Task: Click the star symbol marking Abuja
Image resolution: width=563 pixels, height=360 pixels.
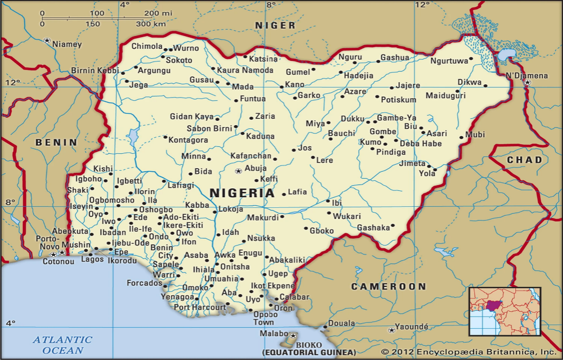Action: click(x=239, y=171)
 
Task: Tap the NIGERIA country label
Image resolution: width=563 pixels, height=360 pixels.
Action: click(x=243, y=193)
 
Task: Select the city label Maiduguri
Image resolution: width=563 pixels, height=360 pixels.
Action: click(x=445, y=96)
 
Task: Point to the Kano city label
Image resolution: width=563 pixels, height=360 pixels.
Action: click(x=294, y=85)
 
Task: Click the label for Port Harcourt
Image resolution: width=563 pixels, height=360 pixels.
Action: click(x=200, y=308)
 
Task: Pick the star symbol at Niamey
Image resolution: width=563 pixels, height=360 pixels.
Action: click(x=47, y=41)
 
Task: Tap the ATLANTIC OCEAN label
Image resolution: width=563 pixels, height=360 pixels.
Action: click(x=63, y=345)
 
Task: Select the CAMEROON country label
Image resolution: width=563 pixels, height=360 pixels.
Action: click(x=389, y=286)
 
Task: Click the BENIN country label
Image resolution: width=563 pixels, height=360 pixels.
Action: click(x=56, y=142)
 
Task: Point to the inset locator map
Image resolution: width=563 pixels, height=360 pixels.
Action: click(x=504, y=311)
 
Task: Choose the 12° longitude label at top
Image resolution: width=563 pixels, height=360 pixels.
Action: click(x=422, y=5)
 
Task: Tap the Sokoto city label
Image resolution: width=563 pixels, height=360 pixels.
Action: click(x=179, y=60)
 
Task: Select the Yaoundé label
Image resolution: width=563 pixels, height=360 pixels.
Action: click(x=411, y=327)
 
